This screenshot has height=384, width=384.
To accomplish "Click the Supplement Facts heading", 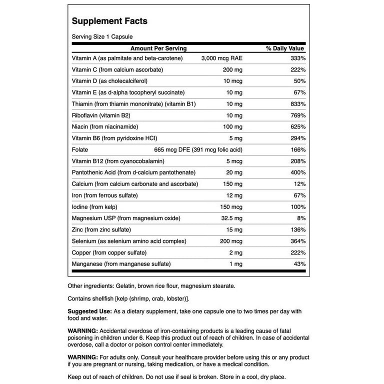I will pyautogui.click(x=109, y=21).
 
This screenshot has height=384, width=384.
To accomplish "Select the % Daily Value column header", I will pyautogui.click(x=285, y=48).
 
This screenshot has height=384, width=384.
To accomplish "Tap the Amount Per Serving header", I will pyautogui.click(x=158, y=48).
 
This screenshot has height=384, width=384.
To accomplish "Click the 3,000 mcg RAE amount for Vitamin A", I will pyautogui.click(x=221, y=58).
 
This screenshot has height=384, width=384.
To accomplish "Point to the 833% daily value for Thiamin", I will pyautogui.click(x=296, y=104).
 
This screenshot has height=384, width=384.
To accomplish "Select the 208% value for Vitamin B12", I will pyautogui.click(x=296, y=161).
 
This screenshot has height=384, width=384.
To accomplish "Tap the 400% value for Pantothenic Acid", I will pyautogui.click(x=296, y=172).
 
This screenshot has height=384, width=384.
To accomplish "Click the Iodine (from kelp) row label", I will pyautogui.click(x=97, y=207).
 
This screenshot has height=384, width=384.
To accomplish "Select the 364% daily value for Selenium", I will pyautogui.click(x=296, y=241).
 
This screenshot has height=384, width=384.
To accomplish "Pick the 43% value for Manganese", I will pyautogui.click(x=298, y=264).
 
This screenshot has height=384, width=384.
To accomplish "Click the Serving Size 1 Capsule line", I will pyautogui.click(x=102, y=36).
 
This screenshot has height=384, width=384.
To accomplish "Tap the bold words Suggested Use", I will pyautogui.click(x=89, y=311).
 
